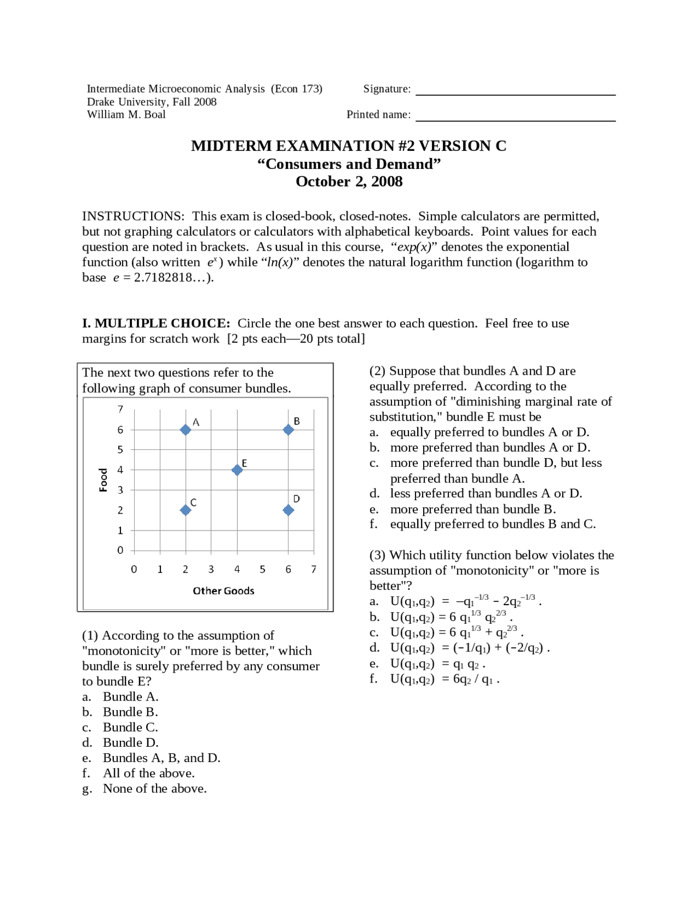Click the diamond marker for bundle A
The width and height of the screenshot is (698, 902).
point(185,430)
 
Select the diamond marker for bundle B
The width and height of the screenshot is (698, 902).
point(288,430)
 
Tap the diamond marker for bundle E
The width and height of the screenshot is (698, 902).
point(237,470)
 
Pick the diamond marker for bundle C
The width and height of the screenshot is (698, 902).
point(185,510)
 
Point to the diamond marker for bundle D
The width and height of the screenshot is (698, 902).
point(288,510)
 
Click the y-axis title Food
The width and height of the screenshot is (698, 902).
point(103,480)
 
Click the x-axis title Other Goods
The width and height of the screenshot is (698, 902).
point(224,590)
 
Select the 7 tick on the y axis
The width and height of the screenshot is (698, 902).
point(121,409)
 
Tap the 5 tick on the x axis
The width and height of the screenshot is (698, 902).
point(262,569)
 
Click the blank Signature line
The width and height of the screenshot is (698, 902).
point(515,90)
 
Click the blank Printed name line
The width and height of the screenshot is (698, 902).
point(515,116)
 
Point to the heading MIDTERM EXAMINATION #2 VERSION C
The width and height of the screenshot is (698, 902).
point(348,146)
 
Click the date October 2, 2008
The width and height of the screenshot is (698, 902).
point(349,181)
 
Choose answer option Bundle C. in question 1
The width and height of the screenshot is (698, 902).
point(130,727)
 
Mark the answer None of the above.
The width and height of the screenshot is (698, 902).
point(154,788)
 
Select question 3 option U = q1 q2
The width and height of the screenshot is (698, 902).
point(437,663)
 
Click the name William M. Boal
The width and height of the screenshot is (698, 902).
point(126,114)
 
